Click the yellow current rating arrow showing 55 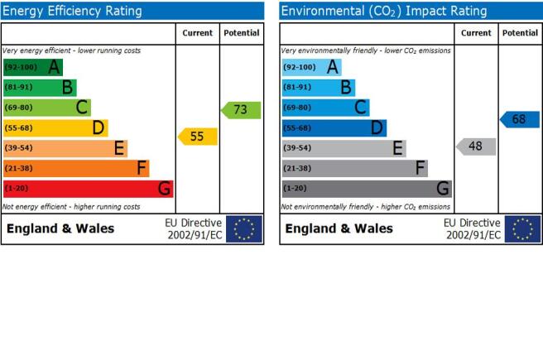[198, 137]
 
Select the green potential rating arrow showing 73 [241, 110]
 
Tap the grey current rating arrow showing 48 [476, 146]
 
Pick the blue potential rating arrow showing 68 [520, 119]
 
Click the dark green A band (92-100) [33, 67]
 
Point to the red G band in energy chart [89, 189]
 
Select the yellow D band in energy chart [55, 128]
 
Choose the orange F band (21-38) [76, 169]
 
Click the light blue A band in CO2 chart [312, 67]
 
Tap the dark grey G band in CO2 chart [367, 189]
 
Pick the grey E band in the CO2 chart [344, 148]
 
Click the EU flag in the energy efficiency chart [244, 228]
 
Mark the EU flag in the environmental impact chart [522, 228]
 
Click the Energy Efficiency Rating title [72, 11]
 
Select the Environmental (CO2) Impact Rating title [384, 11]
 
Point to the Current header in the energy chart [197, 33]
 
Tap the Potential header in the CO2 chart [520, 33]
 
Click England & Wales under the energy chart [60, 228]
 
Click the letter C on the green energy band [82, 108]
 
